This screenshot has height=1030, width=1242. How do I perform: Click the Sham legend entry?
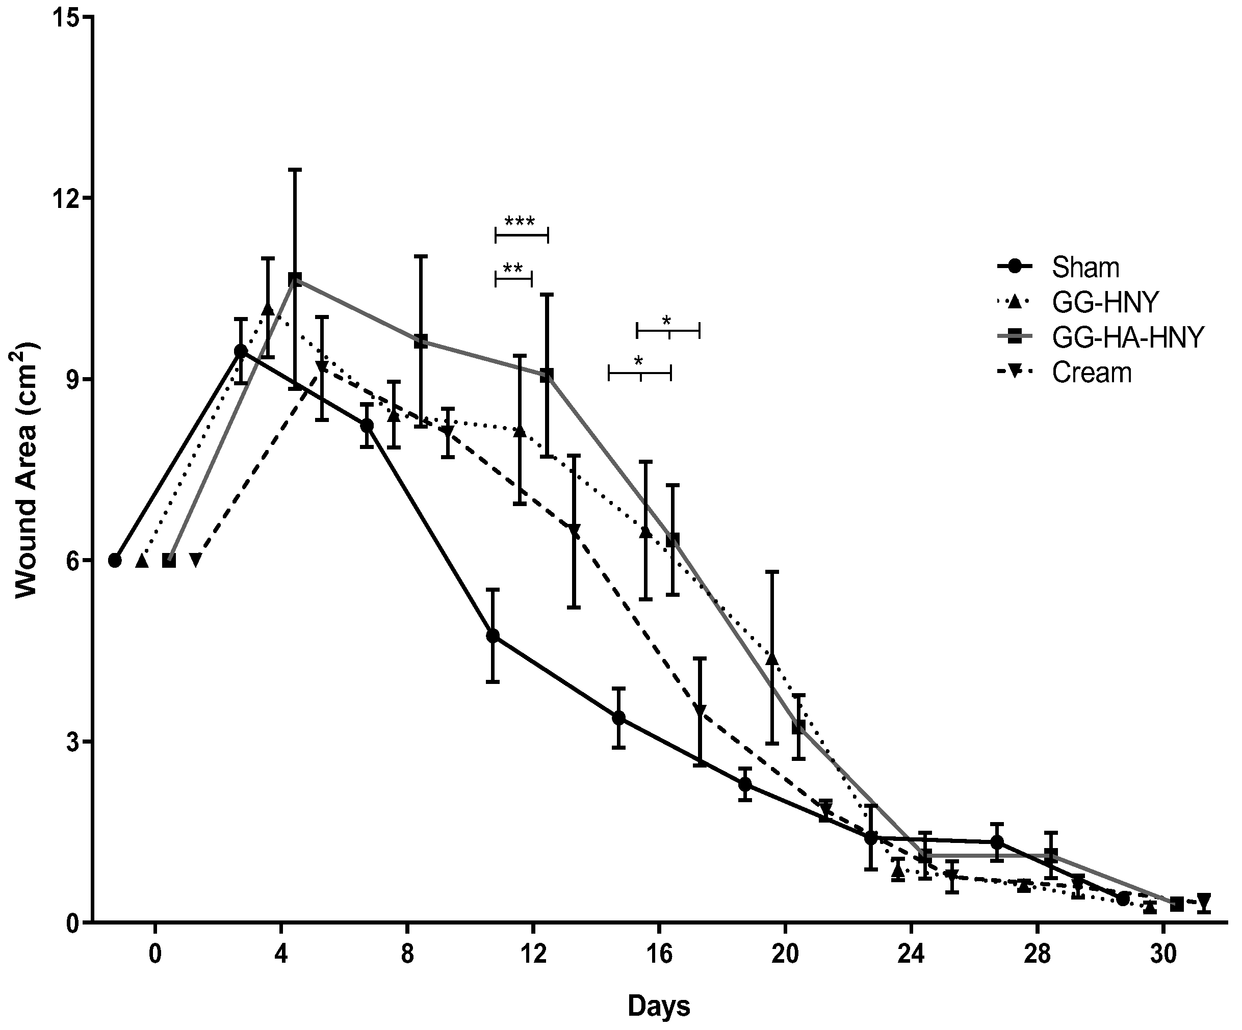point(1085,268)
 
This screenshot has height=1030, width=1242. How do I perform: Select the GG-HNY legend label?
point(1105,303)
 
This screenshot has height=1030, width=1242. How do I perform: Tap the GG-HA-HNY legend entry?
point(1127,337)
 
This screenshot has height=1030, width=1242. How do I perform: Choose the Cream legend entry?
point(1092,373)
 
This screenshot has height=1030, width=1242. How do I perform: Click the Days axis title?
point(659,1006)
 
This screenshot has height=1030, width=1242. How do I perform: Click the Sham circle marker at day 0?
point(115,560)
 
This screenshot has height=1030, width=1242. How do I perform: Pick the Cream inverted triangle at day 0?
point(196,560)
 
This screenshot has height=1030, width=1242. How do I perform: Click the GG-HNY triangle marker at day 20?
point(772,658)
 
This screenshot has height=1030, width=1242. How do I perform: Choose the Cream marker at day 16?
point(700,711)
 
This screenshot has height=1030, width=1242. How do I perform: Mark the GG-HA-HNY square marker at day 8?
point(421,341)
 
